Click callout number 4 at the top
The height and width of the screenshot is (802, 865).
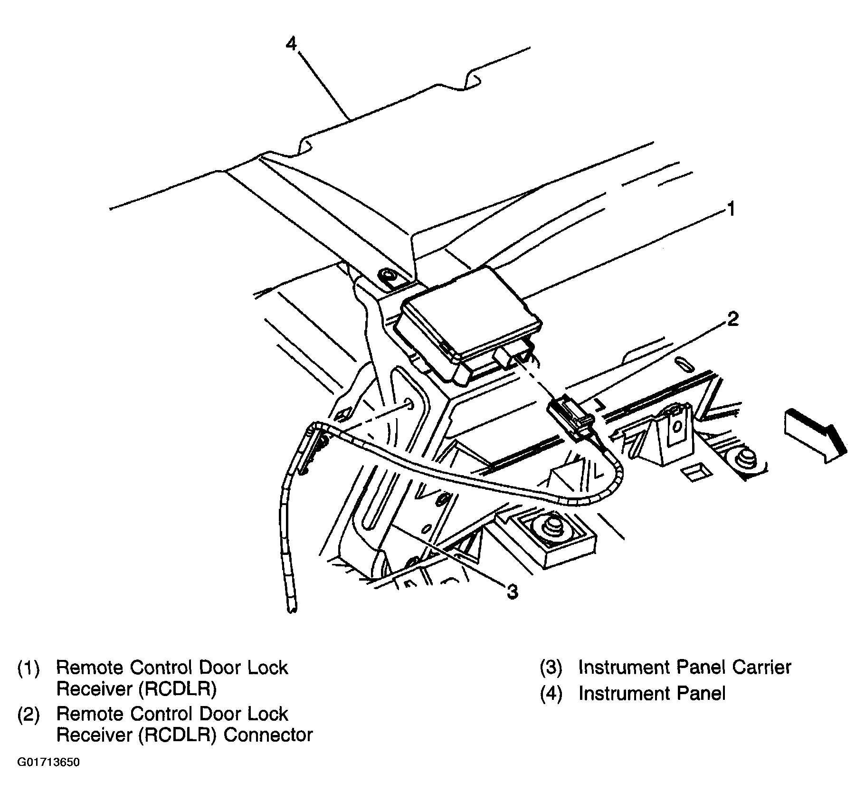click(291, 44)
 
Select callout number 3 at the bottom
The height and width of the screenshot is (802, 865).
click(512, 592)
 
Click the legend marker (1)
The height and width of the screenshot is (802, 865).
click(29, 668)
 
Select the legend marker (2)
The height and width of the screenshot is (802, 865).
click(29, 714)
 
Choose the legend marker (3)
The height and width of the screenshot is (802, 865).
click(551, 668)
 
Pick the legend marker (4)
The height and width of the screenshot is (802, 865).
click(551, 694)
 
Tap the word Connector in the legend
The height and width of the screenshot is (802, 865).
click(268, 735)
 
